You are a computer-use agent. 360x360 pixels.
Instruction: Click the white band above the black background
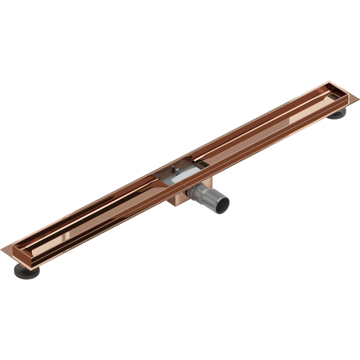180,40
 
